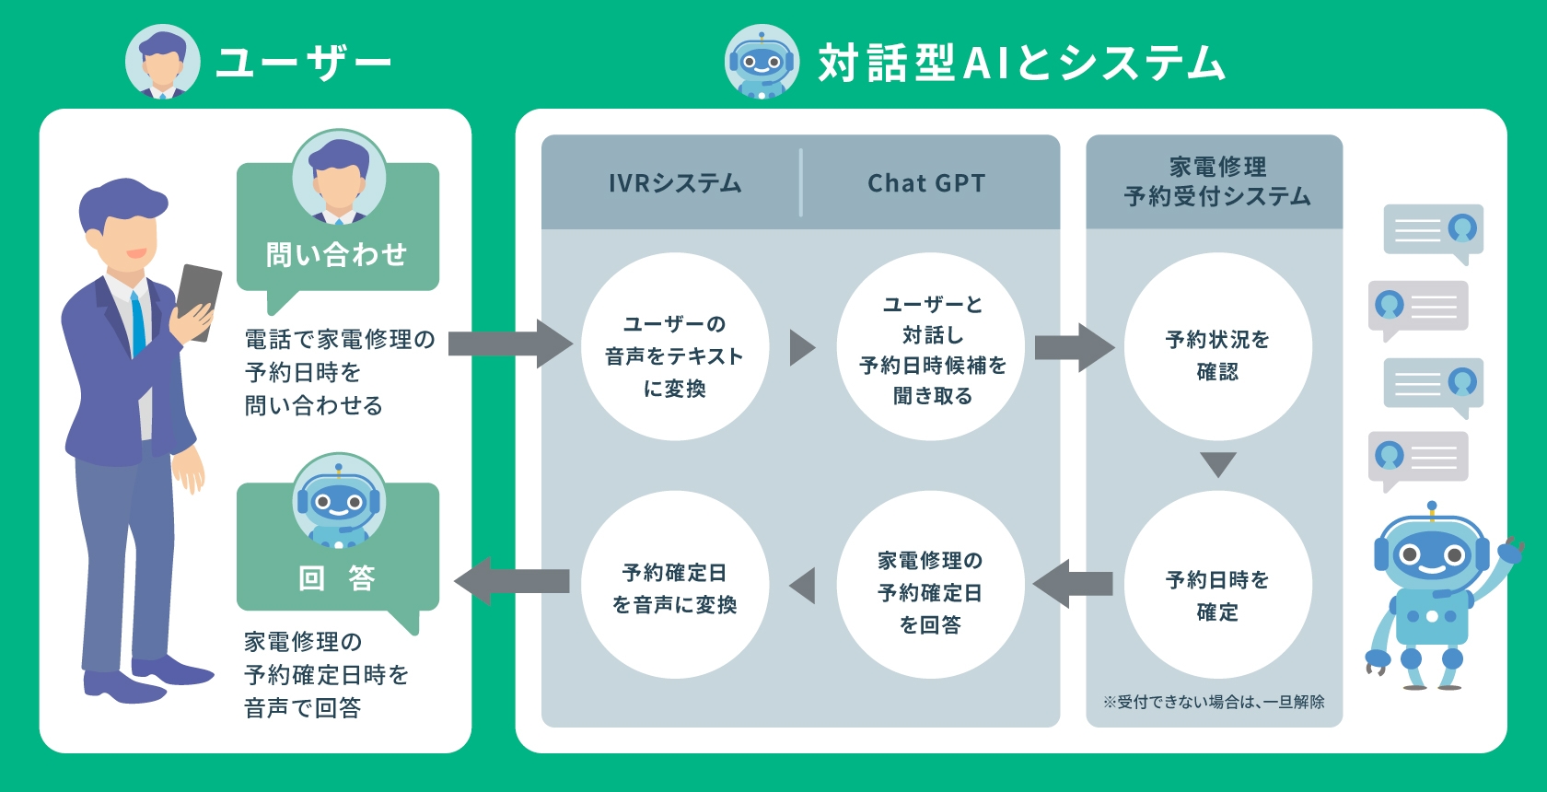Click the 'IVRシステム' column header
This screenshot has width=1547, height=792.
coord(675,183)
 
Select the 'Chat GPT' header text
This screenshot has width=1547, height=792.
coord(926,183)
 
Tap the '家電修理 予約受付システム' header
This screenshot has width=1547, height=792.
coord(1216,181)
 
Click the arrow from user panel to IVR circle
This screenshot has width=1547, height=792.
coord(509,344)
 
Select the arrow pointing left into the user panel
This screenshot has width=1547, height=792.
coord(511,582)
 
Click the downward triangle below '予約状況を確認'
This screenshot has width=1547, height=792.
coord(1217,464)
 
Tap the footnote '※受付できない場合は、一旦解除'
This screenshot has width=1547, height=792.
coord(1214,702)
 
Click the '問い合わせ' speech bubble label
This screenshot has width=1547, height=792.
coord(336,254)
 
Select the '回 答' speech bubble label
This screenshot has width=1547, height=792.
coord(337,578)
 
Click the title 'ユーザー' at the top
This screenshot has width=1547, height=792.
coord(303,63)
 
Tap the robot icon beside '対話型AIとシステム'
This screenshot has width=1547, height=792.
coord(762,62)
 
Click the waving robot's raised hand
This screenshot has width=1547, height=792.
coord(1510,550)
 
